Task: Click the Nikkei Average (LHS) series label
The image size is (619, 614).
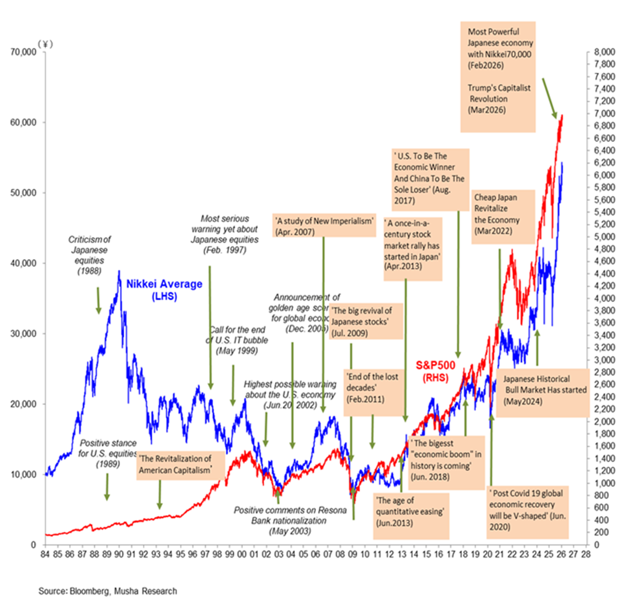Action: [164, 290]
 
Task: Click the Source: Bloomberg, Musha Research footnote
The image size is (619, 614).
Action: [107, 591]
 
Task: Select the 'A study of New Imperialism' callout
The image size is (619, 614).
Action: [324, 226]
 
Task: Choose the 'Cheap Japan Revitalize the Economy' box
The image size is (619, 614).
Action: [495, 214]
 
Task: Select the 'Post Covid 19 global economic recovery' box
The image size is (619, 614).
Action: [527, 510]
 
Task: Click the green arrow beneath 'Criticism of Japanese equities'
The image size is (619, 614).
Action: [98, 299]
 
